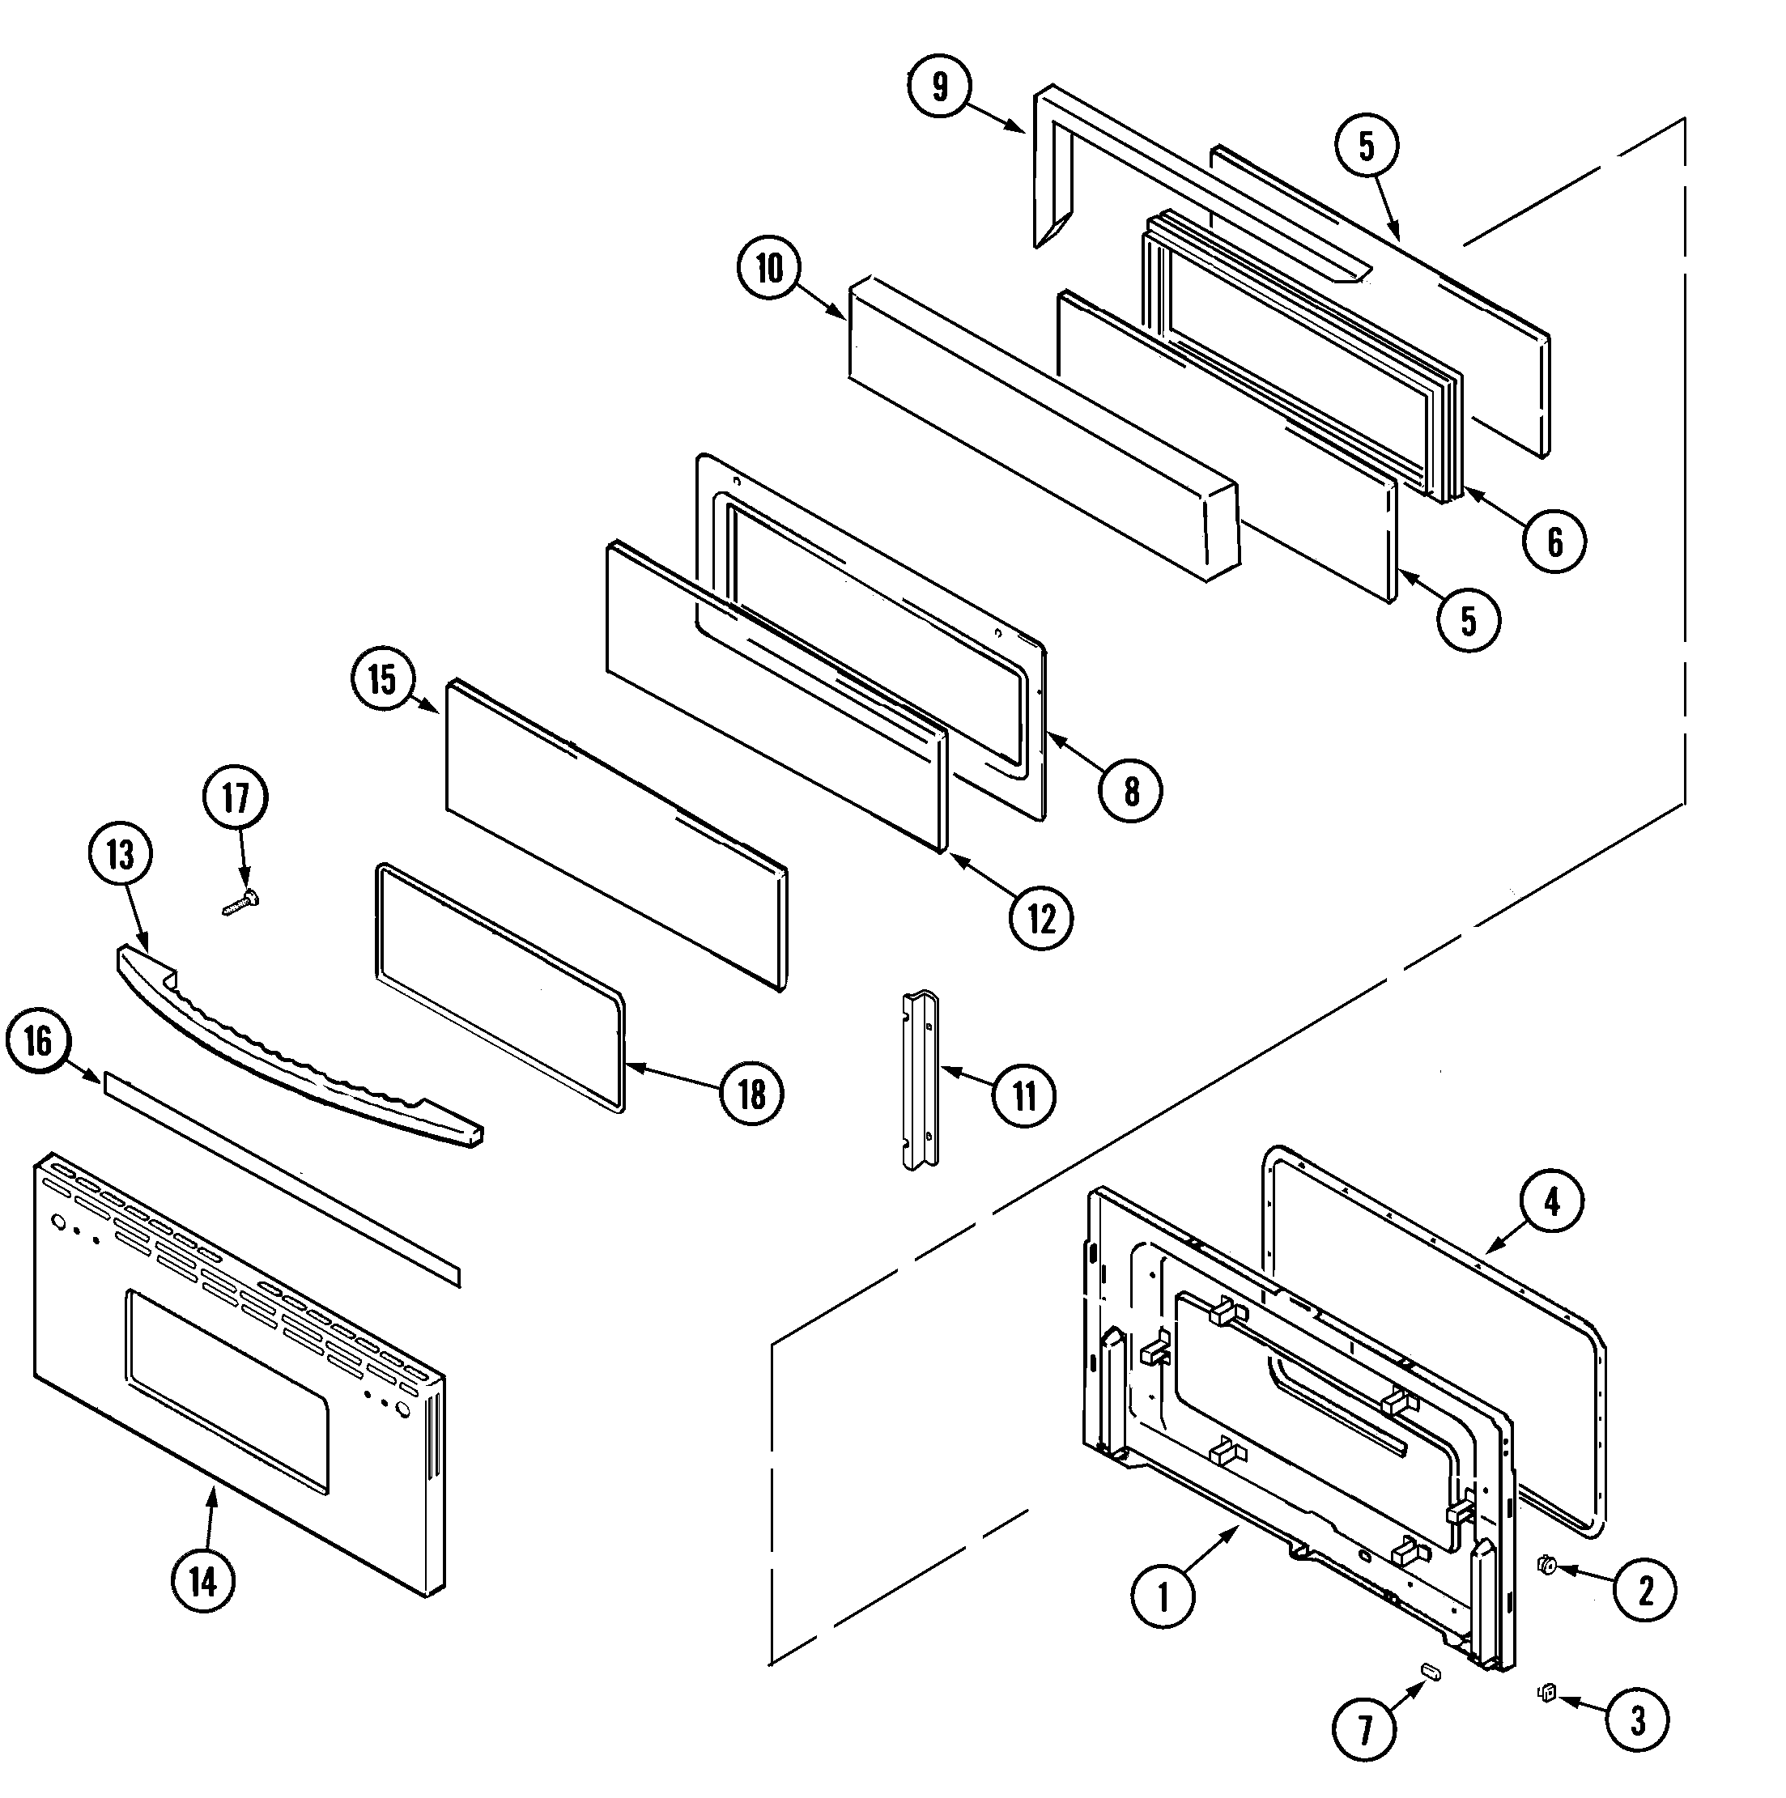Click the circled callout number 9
[x=940, y=87]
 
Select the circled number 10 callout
[x=769, y=268]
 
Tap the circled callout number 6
[x=1554, y=541]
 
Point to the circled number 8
[x=1131, y=791]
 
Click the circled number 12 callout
[x=1041, y=919]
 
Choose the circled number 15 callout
[x=382, y=679]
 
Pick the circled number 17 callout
[x=236, y=797]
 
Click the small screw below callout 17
[x=241, y=902]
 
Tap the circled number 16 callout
[x=38, y=1040]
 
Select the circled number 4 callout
[x=1551, y=1203]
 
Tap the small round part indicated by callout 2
[x=1547, y=1566]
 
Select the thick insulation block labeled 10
[x=1043, y=428]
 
